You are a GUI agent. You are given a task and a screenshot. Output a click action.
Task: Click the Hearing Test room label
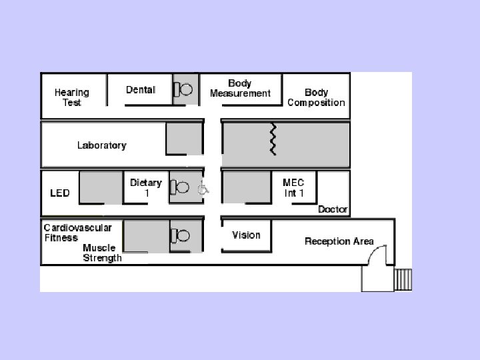[x=71, y=97]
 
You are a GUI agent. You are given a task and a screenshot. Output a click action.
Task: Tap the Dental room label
[x=141, y=90]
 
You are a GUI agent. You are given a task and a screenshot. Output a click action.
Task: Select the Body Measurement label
[x=240, y=89]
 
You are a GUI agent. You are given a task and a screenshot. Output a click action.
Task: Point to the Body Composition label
[x=316, y=97]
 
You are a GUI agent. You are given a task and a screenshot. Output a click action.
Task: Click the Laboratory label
[x=101, y=145]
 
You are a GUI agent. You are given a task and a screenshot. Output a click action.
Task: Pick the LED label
[x=60, y=193]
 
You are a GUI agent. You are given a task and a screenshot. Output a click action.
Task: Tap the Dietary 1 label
[x=146, y=187]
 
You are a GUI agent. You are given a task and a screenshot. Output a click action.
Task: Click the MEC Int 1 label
[x=294, y=187]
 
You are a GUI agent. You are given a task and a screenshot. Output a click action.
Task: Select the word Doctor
[x=333, y=209]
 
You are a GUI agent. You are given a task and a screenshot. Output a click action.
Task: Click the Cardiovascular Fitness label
[x=78, y=232]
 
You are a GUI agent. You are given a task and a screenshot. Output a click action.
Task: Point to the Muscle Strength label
[x=102, y=253]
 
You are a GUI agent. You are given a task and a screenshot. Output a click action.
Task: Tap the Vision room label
[x=246, y=235]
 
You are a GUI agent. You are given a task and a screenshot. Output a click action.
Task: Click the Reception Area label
[x=339, y=241]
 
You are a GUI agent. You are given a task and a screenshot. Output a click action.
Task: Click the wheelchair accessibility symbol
[x=203, y=189]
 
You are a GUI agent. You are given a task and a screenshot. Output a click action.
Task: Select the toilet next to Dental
[x=183, y=89]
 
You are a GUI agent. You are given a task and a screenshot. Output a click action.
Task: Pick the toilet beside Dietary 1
[x=180, y=188]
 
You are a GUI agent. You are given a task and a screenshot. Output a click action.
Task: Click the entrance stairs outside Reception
[x=403, y=279]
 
